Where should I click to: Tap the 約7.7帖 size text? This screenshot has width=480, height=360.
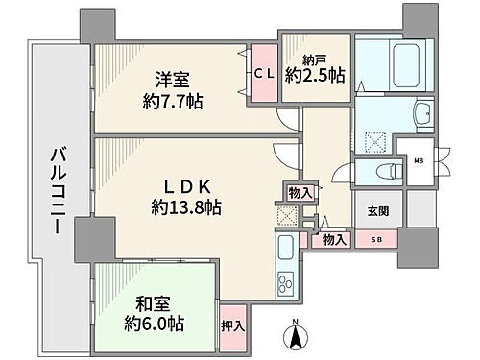174,100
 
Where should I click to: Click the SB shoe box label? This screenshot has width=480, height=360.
375,240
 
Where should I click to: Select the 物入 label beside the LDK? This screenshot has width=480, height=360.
300,192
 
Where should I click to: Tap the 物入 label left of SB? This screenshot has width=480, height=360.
333,240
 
